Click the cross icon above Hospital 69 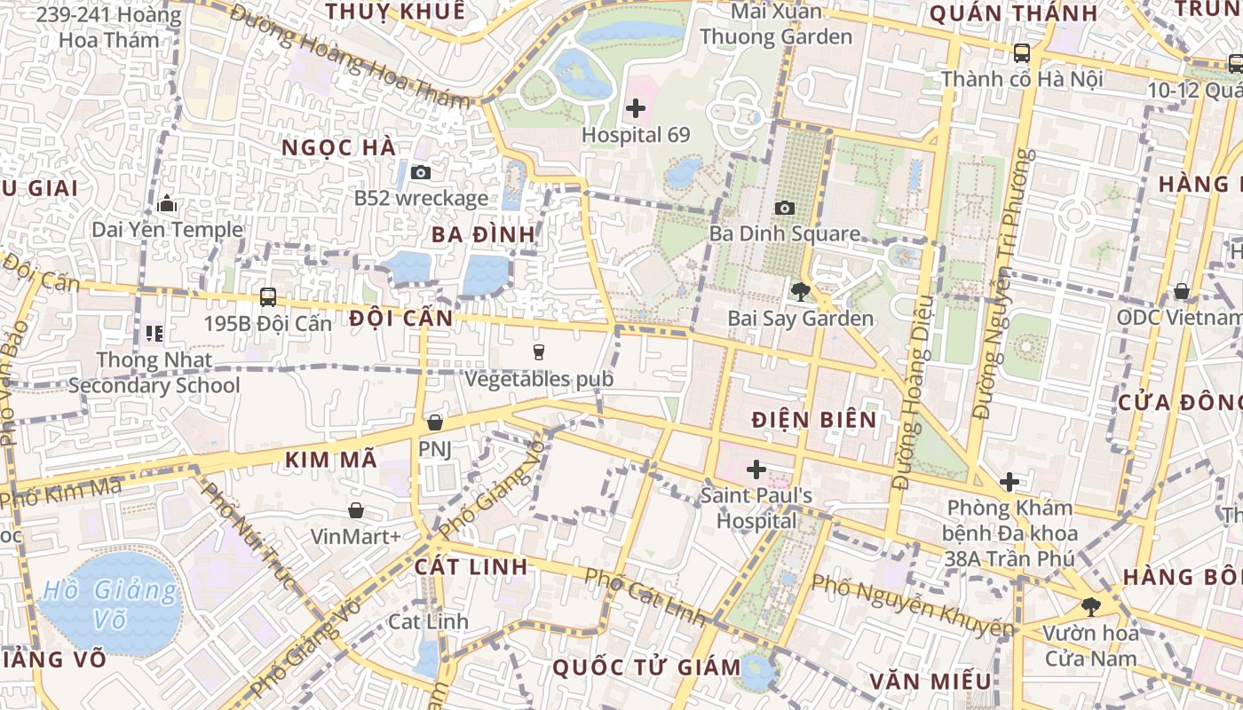tap(636, 109)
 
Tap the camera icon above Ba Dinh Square tap(784, 208)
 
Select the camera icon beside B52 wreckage tap(421, 172)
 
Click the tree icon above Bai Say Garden tap(801, 291)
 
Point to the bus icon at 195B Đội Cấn tap(267, 296)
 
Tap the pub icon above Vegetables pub tap(538, 352)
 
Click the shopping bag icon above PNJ tap(434, 422)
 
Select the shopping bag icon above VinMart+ tap(355, 510)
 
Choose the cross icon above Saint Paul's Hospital tap(756, 469)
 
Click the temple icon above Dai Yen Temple tap(166, 204)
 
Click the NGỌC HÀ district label tap(339, 148)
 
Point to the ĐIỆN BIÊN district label tap(814, 420)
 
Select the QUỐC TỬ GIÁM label tap(646, 667)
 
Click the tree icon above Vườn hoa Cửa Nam tap(1090, 607)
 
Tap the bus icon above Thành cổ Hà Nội tap(1021, 52)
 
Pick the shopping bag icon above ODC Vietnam tap(1182, 291)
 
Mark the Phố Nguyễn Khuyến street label tap(913, 606)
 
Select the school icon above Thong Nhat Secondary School tap(154, 334)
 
